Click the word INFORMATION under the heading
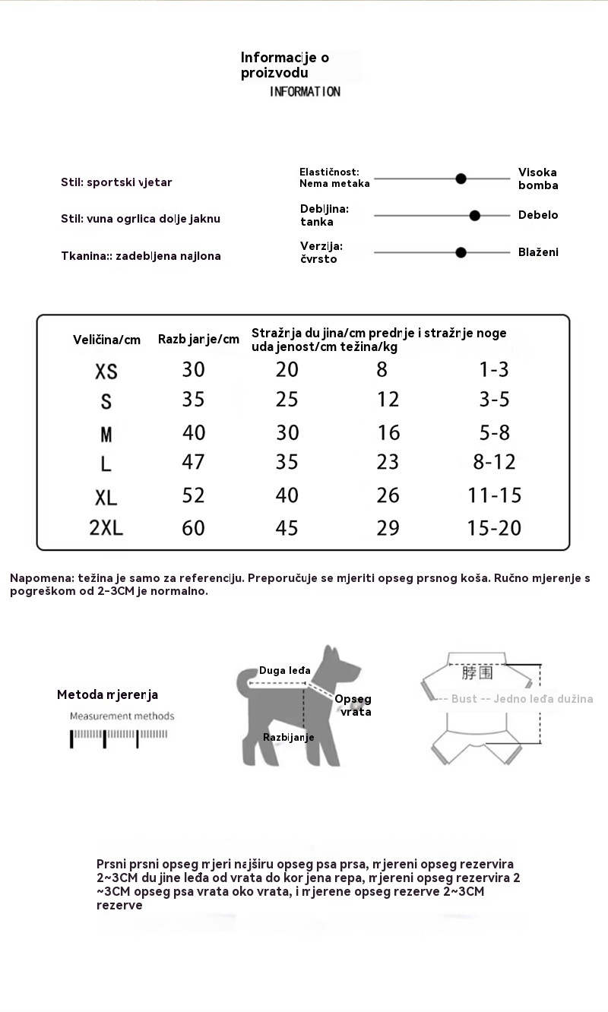[305, 92]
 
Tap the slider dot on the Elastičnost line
[461, 179]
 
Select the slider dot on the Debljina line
[475, 216]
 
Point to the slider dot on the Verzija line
[461, 252]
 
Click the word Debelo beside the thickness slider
[538, 215]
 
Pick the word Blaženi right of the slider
[538, 252]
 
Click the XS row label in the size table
[106, 372]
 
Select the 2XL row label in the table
[106, 528]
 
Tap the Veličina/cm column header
[106, 340]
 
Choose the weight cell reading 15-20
[495, 527]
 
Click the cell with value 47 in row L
[194, 462]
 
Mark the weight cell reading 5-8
[495, 433]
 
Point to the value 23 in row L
[388, 462]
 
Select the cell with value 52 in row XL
[194, 495]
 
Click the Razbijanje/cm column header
[198, 339]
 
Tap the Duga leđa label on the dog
[284, 671]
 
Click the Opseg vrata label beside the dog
[353, 705]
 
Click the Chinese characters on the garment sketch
[477, 673]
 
